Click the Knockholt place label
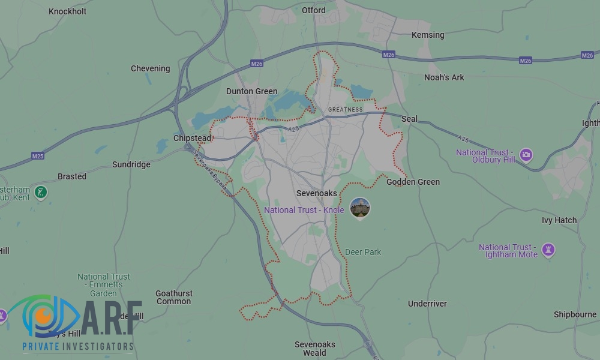click(67, 11)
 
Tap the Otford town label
click(314, 10)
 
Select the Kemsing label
click(428, 35)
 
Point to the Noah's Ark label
click(444, 77)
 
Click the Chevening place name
click(150, 68)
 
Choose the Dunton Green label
click(251, 91)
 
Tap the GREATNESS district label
click(345, 110)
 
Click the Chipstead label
click(192, 138)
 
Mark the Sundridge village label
click(131, 164)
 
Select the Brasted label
click(72, 176)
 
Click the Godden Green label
click(413, 182)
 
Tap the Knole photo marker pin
click(360, 208)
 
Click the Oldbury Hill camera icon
click(526, 155)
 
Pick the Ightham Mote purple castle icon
click(548, 249)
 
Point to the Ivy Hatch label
click(559, 220)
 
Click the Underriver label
click(427, 304)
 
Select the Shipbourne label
click(575, 314)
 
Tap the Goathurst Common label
click(174, 297)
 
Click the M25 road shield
click(38, 156)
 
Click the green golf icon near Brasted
click(41, 193)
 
